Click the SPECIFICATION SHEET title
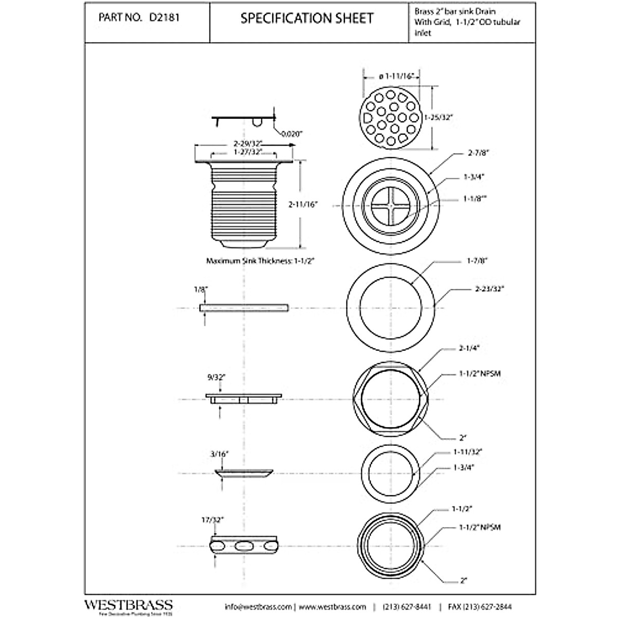(307, 19)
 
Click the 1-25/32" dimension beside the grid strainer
(437, 117)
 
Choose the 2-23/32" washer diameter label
(489, 289)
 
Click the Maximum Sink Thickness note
(260, 261)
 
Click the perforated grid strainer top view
(391, 117)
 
